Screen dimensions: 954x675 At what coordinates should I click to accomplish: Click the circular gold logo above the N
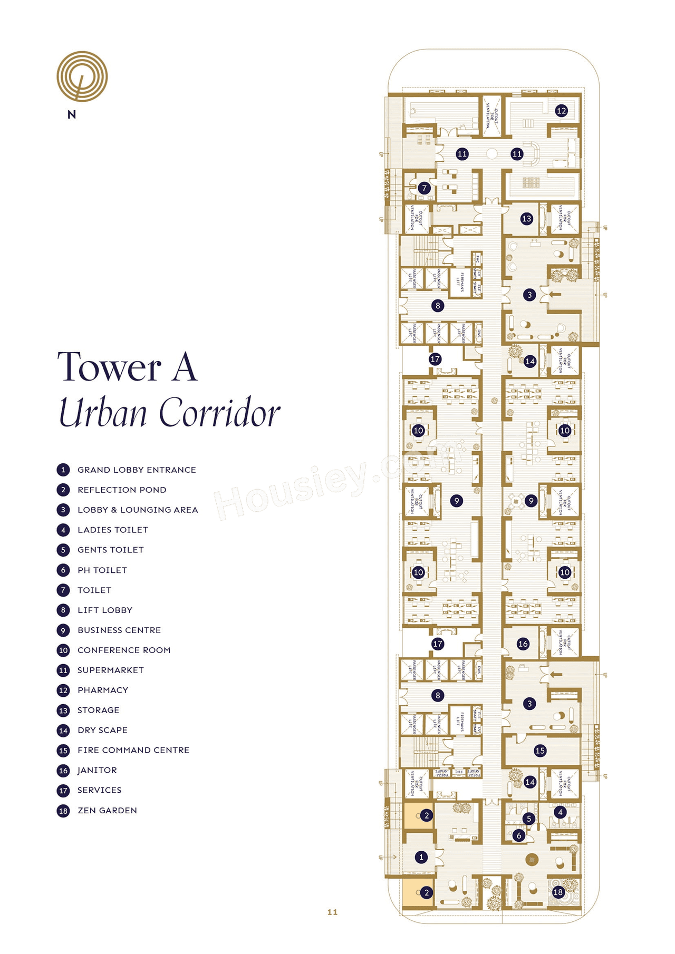click(82, 76)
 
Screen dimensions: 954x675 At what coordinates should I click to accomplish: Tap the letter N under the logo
click(72, 114)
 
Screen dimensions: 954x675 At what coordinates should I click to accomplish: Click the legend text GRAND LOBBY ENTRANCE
click(137, 470)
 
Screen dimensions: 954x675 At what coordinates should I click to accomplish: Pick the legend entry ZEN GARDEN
click(107, 810)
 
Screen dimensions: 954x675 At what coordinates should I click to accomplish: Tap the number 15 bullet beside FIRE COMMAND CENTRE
click(63, 750)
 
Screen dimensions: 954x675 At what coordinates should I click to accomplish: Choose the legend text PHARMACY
click(103, 690)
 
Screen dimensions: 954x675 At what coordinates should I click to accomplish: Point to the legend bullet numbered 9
click(63, 630)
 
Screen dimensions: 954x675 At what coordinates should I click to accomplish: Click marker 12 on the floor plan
click(561, 111)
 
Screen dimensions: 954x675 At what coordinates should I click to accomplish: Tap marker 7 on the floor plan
click(424, 188)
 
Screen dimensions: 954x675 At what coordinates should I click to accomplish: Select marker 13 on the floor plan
click(526, 219)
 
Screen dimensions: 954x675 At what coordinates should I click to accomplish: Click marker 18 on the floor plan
click(558, 892)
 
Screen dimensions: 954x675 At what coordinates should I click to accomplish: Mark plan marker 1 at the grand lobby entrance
click(421, 857)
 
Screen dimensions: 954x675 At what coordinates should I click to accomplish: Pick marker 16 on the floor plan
click(523, 644)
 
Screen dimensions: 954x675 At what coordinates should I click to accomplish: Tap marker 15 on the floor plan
click(539, 751)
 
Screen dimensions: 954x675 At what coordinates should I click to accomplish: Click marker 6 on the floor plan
click(519, 835)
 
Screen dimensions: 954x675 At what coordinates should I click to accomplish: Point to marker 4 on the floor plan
click(560, 812)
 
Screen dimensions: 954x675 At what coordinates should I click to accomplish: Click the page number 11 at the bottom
click(332, 912)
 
